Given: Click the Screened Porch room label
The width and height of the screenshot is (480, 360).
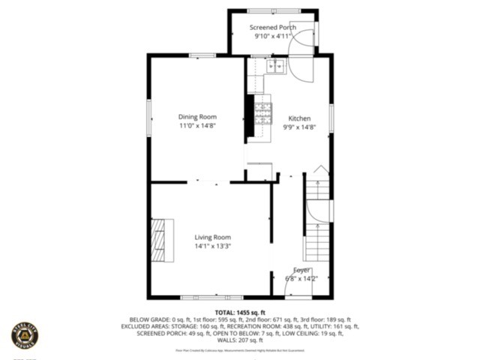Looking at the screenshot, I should (x=272, y=27).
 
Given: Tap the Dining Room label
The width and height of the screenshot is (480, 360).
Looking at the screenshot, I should (x=197, y=117).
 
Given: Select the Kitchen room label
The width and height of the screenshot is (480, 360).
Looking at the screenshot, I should (x=299, y=118).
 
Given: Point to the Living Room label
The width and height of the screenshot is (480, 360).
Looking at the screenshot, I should (x=212, y=237).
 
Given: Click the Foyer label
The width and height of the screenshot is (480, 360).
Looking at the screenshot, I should (x=301, y=270).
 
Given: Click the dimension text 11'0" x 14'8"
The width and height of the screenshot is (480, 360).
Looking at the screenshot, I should (x=197, y=127).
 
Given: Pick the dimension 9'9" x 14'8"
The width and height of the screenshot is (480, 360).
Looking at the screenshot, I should (x=299, y=127).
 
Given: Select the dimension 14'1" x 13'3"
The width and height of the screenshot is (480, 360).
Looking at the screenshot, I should (x=212, y=246).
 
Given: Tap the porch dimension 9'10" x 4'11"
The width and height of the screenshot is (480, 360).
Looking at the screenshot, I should (x=272, y=35).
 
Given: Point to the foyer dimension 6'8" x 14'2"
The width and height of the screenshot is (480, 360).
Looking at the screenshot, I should (x=301, y=279).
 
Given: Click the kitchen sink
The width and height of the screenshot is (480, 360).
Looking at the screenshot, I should (x=274, y=66).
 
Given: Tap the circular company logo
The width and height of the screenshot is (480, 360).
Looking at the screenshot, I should (x=24, y=334).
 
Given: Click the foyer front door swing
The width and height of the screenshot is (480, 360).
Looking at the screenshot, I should (x=301, y=283).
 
